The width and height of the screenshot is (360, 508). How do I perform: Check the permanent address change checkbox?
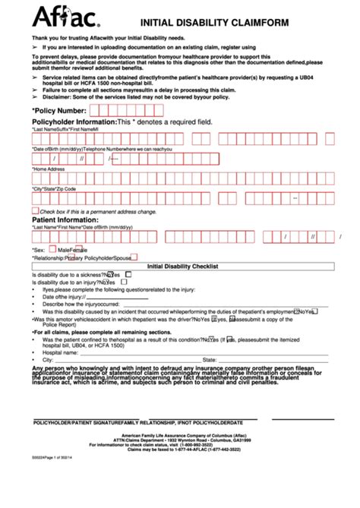click(x=35, y=210)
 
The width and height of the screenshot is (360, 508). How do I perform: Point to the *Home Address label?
click(x=49, y=169)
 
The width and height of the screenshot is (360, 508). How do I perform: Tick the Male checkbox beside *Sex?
click(x=52, y=248)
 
